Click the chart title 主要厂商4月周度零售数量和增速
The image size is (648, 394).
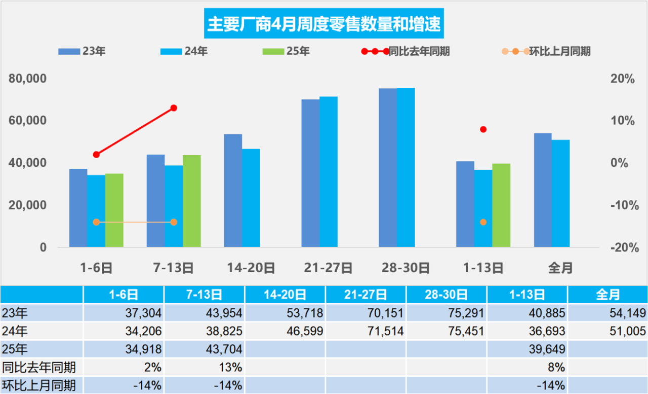click(x=324, y=24)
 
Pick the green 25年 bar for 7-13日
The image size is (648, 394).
click(x=192, y=201)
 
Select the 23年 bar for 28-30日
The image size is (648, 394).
click(x=388, y=168)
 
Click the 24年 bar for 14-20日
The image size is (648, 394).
click(x=251, y=198)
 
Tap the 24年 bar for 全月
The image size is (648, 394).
click(x=561, y=193)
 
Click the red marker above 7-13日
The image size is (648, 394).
click(x=174, y=108)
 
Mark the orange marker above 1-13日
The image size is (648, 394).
click(x=483, y=222)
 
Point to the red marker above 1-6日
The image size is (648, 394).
click(x=96, y=155)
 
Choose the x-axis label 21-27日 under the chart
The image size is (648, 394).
click(x=328, y=268)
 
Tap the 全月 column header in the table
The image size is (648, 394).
click(x=608, y=295)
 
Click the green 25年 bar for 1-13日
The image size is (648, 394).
click(x=501, y=205)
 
